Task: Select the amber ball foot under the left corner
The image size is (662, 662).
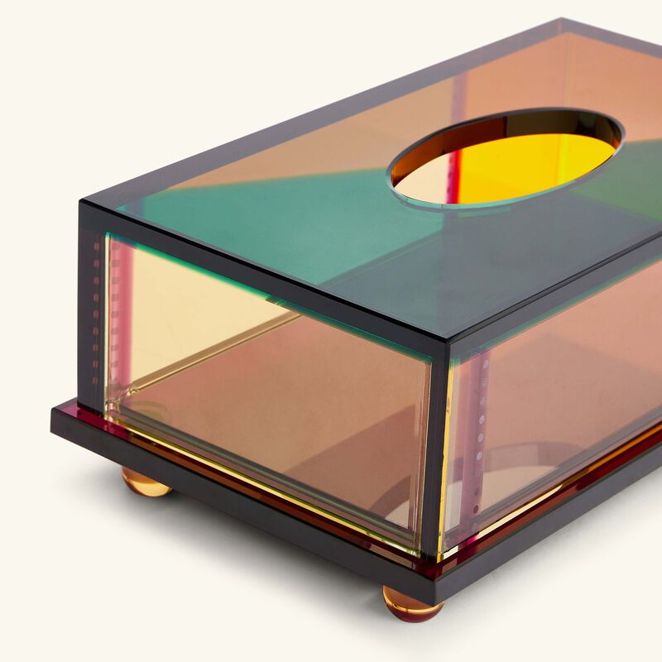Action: pos(146,482)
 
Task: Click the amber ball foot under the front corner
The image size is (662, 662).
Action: pos(412,603)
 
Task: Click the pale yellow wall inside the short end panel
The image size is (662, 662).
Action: pos(182,306)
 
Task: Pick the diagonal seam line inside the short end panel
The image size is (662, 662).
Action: pos(207,356)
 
